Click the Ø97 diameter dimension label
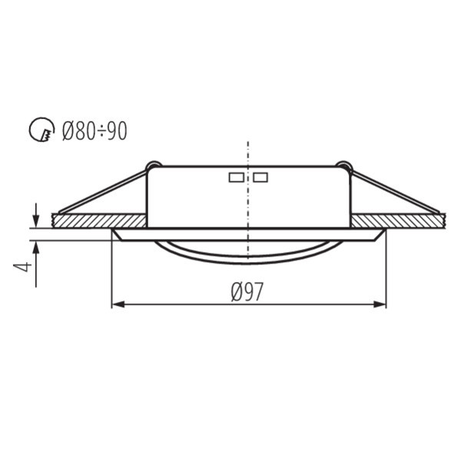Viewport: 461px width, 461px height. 247,291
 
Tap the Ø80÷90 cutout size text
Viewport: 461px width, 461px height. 95,131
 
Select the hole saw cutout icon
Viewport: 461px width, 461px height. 42,130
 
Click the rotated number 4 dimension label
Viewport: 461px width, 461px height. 22,267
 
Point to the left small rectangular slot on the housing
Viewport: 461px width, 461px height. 237,177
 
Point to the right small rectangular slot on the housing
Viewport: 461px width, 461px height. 260,177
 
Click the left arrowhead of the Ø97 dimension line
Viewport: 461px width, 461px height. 118,304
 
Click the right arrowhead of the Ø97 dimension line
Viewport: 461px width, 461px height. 380,304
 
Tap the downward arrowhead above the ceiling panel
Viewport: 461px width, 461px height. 36,221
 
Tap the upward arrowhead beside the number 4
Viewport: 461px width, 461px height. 36,247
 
